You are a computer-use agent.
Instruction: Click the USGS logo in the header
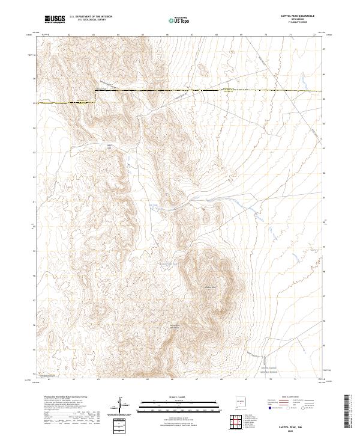click(x=55, y=19)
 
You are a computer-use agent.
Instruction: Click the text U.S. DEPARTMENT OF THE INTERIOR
click(x=91, y=17)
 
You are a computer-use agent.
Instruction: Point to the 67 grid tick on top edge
click(x=191, y=35)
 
